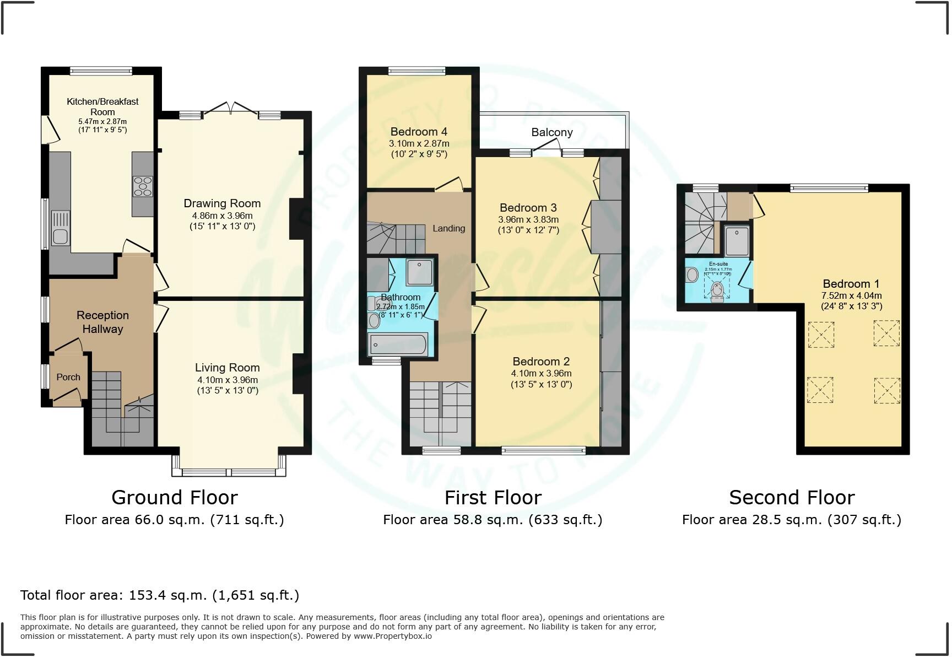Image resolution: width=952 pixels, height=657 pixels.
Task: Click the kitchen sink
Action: [60, 235]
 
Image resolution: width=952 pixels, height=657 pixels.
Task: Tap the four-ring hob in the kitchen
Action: [143, 186]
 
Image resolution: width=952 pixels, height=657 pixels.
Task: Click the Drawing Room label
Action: [222, 203]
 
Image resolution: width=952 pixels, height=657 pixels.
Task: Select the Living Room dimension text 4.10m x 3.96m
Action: [228, 380]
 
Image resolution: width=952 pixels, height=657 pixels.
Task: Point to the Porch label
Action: [68, 377]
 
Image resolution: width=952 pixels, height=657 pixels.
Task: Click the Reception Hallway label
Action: [102, 322]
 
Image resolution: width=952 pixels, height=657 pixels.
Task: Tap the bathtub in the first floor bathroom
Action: [398, 344]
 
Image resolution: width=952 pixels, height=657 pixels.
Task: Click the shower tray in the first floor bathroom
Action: [419, 272]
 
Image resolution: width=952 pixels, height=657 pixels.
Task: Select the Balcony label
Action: [551, 132]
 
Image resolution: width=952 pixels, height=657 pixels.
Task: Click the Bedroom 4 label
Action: [419, 132]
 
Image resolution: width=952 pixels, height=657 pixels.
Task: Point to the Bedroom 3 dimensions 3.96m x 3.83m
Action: [528, 219]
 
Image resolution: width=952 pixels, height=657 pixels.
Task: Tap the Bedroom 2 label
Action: [540, 362]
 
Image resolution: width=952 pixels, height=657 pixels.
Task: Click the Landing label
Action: [448, 228]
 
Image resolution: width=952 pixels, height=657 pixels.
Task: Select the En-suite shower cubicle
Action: [737, 241]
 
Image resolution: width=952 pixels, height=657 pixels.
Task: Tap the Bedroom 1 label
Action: [851, 284]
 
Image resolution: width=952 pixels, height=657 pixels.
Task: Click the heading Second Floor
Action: [792, 497]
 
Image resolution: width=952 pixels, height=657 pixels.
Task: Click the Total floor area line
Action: [160, 595]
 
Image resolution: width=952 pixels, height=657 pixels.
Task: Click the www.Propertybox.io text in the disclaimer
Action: [393, 636]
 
